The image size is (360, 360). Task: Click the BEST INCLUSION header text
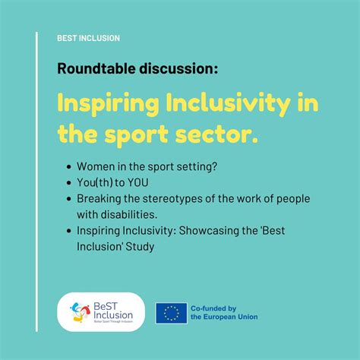pyautogui.click(x=88, y=38)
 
